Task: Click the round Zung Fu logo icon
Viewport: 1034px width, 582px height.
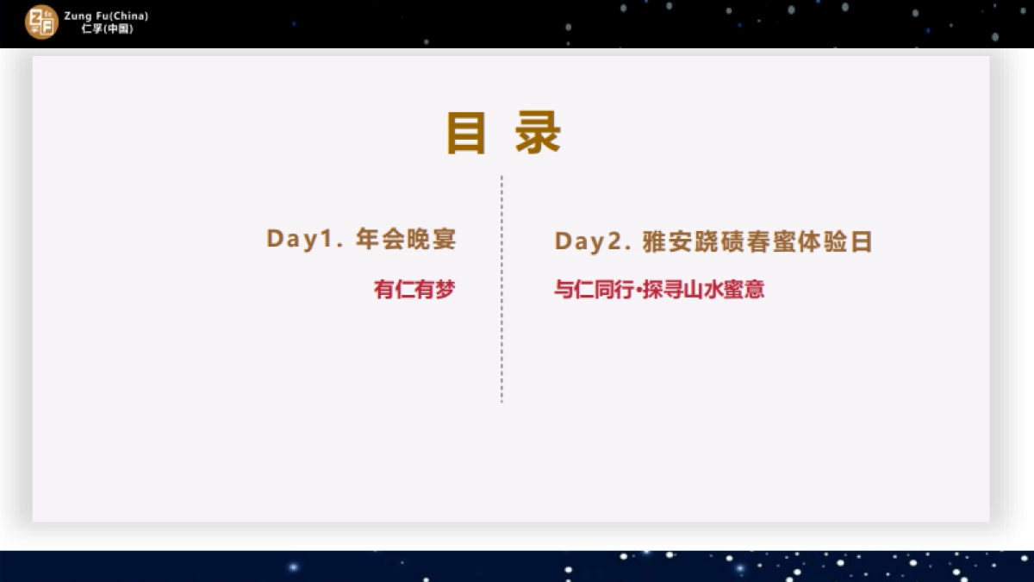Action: [40, 22]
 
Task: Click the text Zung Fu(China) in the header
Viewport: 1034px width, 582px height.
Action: [106, 16]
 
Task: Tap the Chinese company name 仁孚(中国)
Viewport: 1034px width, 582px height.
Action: [107, 28]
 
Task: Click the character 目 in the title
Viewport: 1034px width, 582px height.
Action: [466, 134]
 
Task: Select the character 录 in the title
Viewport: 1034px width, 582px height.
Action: [539, 134]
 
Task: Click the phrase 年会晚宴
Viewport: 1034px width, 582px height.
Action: [406, 240]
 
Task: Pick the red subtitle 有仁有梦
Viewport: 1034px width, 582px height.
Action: [414, 290]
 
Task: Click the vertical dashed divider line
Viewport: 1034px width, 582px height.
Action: [501, 290]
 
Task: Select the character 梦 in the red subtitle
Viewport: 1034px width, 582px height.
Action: [444, 290]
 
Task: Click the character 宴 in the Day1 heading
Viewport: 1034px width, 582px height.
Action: [444, 240]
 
